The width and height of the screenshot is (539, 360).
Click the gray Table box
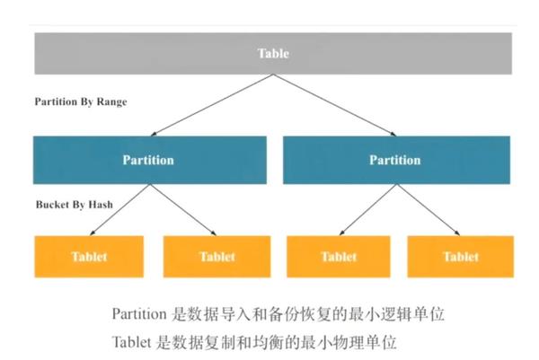273,54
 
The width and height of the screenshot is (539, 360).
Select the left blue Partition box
149,160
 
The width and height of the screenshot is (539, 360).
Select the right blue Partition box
396,160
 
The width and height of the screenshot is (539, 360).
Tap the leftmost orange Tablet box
89,256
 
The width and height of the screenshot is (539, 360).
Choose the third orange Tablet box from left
338,256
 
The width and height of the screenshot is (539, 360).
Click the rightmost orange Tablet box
460,256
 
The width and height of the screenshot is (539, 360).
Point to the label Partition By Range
80,101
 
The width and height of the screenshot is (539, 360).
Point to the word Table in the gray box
273,54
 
